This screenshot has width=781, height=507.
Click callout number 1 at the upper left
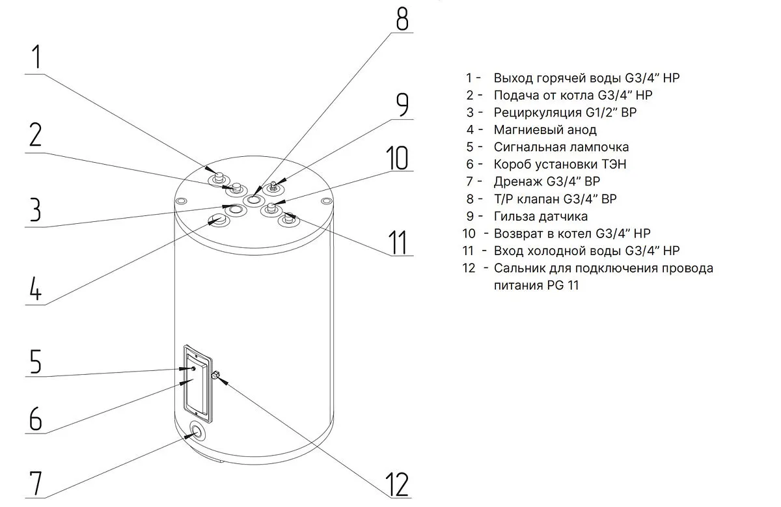37,57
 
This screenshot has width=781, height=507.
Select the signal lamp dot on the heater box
193,369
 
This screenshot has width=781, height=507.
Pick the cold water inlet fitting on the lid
287,221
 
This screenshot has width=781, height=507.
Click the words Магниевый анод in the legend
545,130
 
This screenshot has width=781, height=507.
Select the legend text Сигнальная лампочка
561,147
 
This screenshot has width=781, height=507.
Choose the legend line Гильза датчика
540,216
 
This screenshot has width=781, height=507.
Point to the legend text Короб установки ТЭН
560,164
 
